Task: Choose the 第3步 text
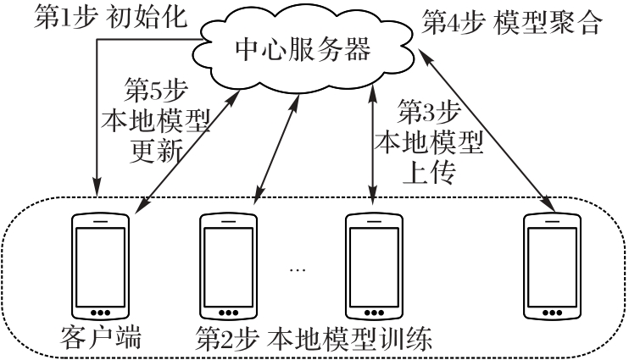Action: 429,110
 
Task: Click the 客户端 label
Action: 100,339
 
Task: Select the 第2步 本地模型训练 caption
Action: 315,340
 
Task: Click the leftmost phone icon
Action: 100,266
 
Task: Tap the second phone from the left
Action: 228,266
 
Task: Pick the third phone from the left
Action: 374,266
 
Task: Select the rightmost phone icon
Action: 552,266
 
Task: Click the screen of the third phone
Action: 374,263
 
